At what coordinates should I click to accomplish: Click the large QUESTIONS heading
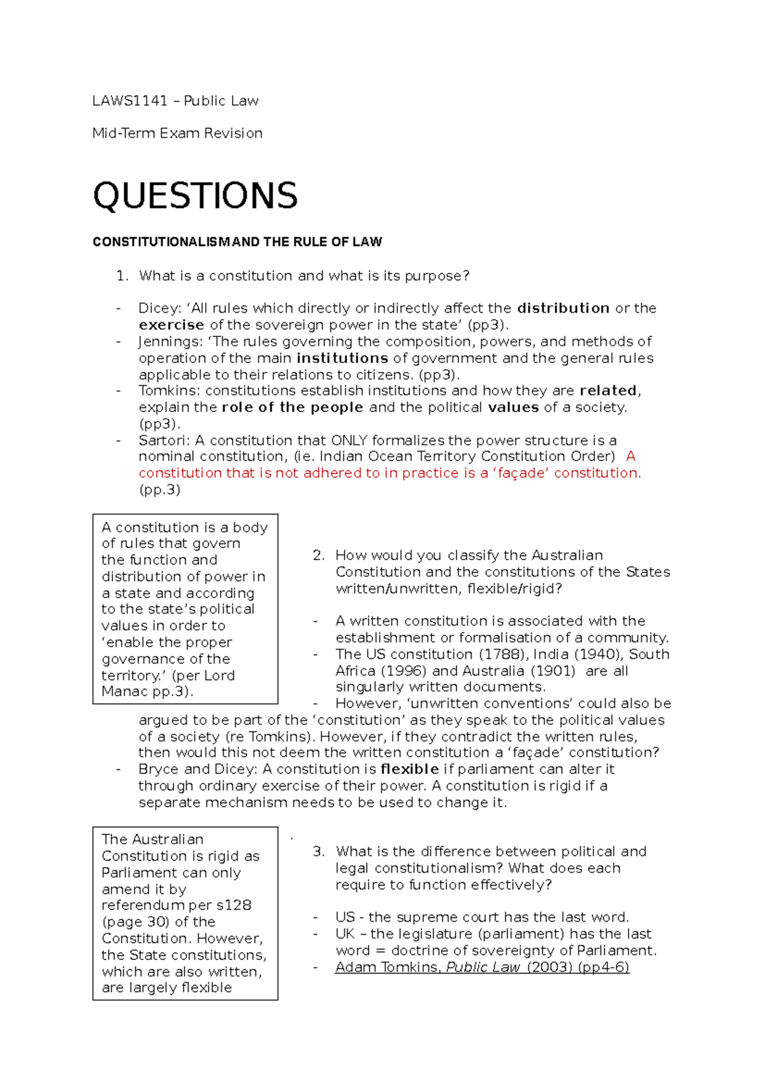(x=195, y=196)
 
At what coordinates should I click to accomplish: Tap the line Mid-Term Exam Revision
(x=177, y=133)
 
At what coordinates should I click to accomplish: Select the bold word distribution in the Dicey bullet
(x=563, y=308)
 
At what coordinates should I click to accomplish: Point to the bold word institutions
(x=342, y=358)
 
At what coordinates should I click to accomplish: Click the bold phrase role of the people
(x=293, y=407)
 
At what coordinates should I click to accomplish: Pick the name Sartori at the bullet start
(x=163, y=440)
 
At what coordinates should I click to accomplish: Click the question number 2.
(x=318, y=555)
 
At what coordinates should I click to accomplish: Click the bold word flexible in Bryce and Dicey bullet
(x=409, y=769)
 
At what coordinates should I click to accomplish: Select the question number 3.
(x=318, y=851)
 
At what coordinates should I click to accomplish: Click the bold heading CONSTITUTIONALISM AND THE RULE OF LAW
(x=237, y=242)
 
